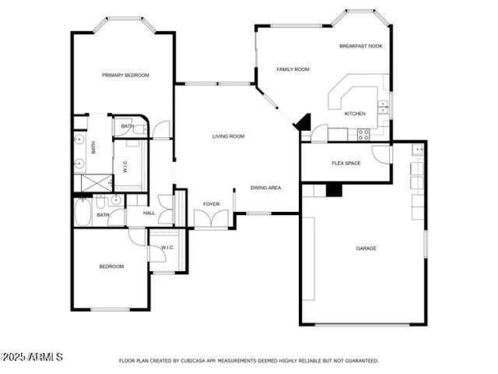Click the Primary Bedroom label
pyautogui.click(x=126, y=75)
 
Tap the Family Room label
pyautogui.click(x=293, y=69)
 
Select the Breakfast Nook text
pyautogui.click(x=361, y=46)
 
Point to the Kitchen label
pyautogui.click(x=355, y=113)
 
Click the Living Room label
pyautogui.click(x=228, y=136)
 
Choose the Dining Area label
pyautogui.click(x=266, y=188)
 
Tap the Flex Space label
pyautogui.click(x=345, y=163)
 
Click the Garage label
pyautogui.click(x=366, y=248)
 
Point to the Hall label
pyautogui.click(x=149, y=213)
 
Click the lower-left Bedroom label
pyautogui.click(x=111, y=267)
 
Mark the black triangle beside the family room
pyautogui.click(x=303, y=122)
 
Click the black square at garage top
pyautogui.click(x=334, y=189)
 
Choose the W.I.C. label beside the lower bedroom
pyautogui.click(x=167, y=248)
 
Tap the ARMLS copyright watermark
pyautogui.click(x=32, y=357)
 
